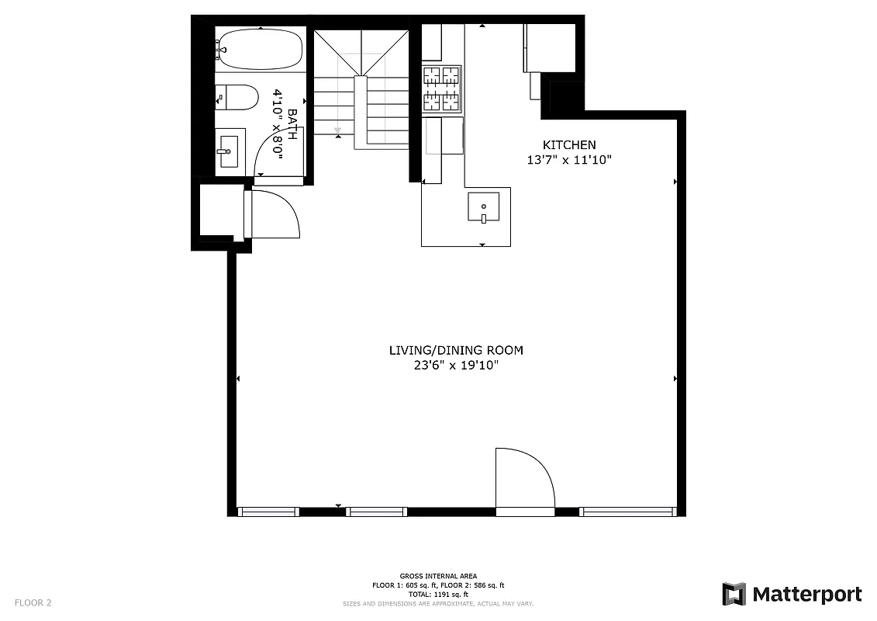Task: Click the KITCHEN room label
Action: (569, 144)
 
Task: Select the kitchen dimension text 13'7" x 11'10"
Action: (569, 160)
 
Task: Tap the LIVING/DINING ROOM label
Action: (456, 350)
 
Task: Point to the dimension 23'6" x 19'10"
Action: (456, 366)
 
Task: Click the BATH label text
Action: (292, 124)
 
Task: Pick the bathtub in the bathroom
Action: (260, 50)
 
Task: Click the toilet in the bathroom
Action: (238, 99)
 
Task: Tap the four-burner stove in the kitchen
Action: (441, 88)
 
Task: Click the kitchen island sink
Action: (483, 208)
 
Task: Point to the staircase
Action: (361, 89)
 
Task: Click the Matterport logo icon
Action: (734, 594)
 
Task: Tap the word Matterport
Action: (806, 595)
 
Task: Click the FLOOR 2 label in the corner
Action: (33, 602)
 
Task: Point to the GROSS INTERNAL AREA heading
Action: (438, 576)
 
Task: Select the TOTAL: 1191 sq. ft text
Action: (438, 594)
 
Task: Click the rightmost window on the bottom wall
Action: (628, 512)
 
